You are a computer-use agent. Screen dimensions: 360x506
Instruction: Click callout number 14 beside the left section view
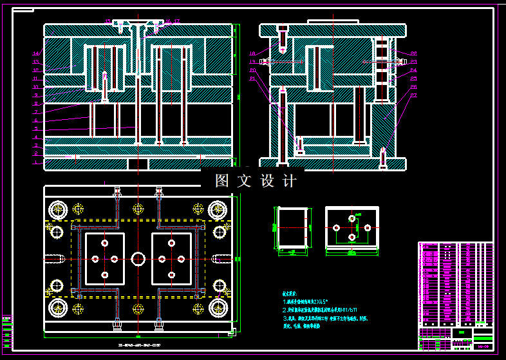pyautogui.click(x=37, y=53)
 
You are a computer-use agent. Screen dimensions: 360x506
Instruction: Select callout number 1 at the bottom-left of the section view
pyautogui.click(x=37, y=163)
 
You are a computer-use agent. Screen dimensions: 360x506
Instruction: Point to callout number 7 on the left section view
pyautogui.click(x=37, y=112)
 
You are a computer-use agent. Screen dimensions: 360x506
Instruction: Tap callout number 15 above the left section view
pyautogui.click(x=108, y=21)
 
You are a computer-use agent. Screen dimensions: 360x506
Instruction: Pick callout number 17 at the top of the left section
pyautogui.click(x=176, y=21)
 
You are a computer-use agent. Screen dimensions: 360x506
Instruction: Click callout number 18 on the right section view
pyautogui.click(x=253, y=53)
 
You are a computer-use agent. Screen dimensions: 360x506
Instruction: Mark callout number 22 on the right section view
pyautogui.click(x=414, y=95)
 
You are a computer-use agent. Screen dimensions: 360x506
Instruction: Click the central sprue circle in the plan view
pyautogui.click(x=138, y=258)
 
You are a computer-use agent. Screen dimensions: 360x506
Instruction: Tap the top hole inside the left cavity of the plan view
pyautogui.click(x=105, y=243)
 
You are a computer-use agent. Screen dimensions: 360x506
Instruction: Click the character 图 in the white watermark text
pyautogui.click(x=222, y=181)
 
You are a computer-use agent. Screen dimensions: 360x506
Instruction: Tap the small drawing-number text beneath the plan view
pyautogui.click(x=139, y=346)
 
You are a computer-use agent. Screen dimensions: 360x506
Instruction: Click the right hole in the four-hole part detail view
pyautogui.click(x=368, y=228)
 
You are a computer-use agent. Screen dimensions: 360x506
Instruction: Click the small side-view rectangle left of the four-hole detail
pyautogui.click(x=292, y=228)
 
